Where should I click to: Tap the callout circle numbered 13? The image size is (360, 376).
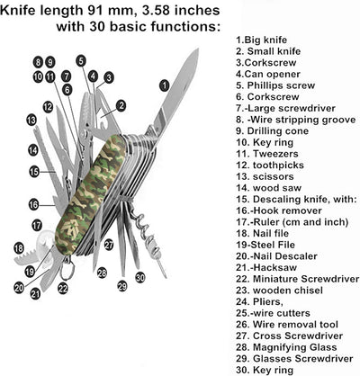pos(31,120)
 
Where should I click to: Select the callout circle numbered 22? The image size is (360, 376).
pos(63,289)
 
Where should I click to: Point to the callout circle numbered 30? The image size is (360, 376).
pos(140,278)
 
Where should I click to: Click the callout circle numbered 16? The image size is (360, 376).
pos(34,204)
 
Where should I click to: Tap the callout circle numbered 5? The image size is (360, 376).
pos(81,60)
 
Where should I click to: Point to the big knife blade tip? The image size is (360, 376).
pos(195,52)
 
